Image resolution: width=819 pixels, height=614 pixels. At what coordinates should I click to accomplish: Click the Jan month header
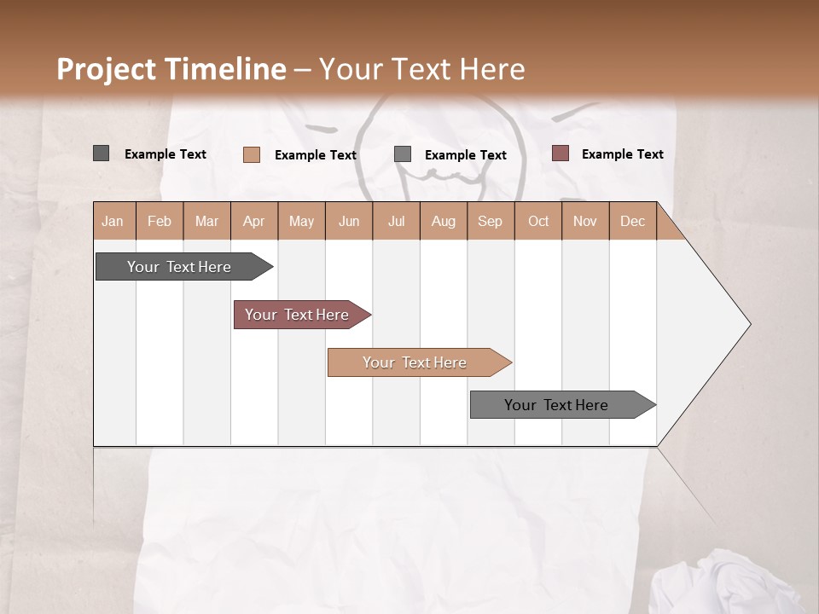pyautogui.click(x=113, y=221)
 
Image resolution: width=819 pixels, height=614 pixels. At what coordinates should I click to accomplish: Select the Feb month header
pyautogui.click(x=160, y=221)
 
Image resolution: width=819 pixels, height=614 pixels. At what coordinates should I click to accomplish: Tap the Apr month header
pyautogui.click(x=254, y=221)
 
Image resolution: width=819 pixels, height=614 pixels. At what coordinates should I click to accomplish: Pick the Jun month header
pyautogui.click(x=349, y=221)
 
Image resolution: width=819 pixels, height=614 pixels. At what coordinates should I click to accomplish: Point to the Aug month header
pyautogui.click(x=444, y=221)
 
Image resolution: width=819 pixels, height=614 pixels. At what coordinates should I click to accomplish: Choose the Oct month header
pyautogui.click(x=538, y=221)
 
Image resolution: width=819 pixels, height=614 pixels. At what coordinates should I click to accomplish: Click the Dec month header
pyautogui.click(x=633, y=221)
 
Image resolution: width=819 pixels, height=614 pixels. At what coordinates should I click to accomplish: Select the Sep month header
pyautogui.click(x=491, y=221)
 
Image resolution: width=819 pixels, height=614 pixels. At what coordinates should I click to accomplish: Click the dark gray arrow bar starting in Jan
pyautogui.click(x=179, y=267)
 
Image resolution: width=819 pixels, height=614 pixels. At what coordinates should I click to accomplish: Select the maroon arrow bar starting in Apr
pyautogui.click(x=297, y=315)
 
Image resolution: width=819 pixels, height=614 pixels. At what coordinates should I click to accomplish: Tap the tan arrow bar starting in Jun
pyautogui.click(x=415, y=362)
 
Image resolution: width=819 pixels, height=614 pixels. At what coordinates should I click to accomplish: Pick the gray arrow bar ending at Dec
pyautogui.click(x=556, y=405)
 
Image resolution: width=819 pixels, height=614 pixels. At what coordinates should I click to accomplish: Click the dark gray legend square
pyautogui.click(x=101, y=153)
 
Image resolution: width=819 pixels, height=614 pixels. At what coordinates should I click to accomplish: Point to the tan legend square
pyautogui.click(x=251, y=154)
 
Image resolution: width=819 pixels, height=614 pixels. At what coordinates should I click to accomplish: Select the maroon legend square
pyautogui.click(x=560, y=153)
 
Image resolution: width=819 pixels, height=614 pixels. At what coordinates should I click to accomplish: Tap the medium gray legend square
pyautogui.click(x=403, y=154)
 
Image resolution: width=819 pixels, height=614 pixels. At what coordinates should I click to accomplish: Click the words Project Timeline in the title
pyautogui.click(x=171, y=69)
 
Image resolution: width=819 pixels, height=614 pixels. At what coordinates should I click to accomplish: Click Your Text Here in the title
pyautogui.click(x=421, y=69)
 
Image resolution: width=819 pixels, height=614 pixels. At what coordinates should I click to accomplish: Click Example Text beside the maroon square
pyautogui.click(x=622, y=154)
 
